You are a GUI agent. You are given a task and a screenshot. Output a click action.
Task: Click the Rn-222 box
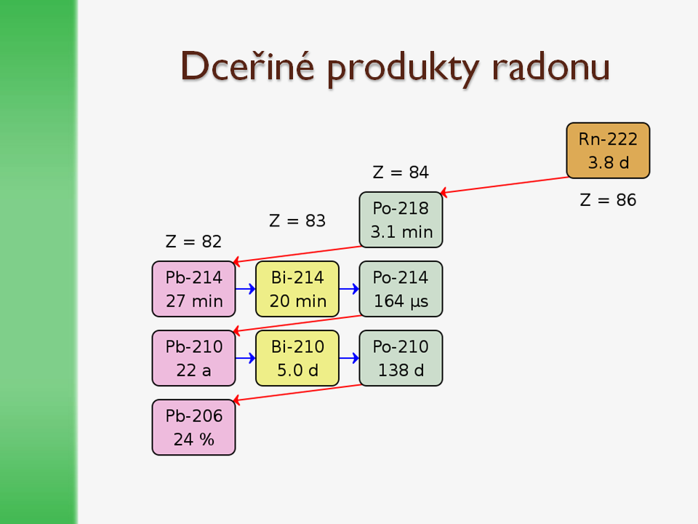tap(608, 151)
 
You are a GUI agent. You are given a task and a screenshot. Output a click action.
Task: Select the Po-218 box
tap(401, 220)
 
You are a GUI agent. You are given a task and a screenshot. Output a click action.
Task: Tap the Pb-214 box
tap(193, 289)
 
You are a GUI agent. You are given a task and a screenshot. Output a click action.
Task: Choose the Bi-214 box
tap(297, 289)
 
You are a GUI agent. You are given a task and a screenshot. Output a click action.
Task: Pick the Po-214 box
tap(401, 289)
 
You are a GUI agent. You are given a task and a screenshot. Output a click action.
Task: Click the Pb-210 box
tap(193, 358)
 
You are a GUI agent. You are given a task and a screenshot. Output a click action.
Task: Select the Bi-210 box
tap(297, 358)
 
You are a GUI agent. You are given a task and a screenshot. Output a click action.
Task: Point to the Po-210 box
tap(401, 358)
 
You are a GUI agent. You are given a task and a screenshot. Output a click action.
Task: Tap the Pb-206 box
tap(193, 427)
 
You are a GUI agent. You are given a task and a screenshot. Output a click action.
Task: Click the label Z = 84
tap(401, 172)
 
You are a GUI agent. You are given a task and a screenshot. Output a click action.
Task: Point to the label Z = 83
tap(297, 221)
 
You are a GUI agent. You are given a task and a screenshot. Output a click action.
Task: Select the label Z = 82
tap(193, 242)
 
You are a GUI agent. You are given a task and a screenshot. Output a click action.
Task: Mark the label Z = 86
tap(608, 200)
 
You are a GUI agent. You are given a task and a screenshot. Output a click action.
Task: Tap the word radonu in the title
tap(551, 67)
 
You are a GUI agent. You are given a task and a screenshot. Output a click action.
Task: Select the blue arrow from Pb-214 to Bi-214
tap(246, 289)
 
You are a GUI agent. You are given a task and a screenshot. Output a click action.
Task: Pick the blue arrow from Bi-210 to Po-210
tap(349, 358)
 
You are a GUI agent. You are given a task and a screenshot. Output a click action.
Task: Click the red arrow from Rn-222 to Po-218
tap(505, 186)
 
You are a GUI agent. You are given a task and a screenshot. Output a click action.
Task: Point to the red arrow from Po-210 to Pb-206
tap(297, 393)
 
